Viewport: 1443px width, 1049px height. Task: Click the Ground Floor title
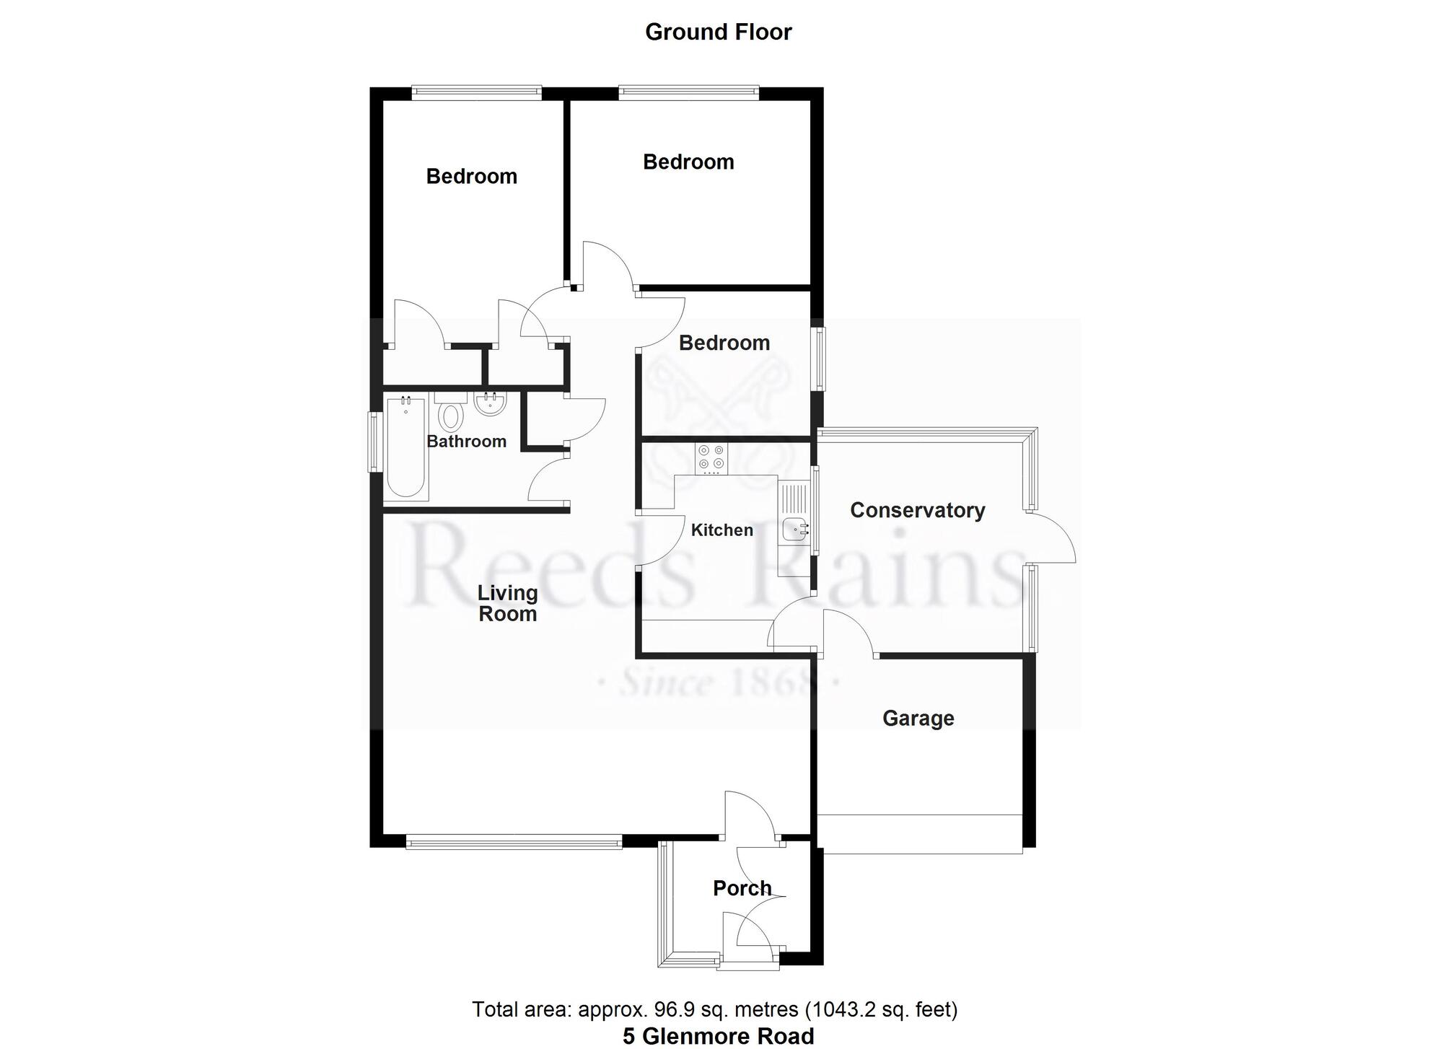coord(718,32)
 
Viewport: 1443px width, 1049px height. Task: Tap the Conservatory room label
coord(917,510)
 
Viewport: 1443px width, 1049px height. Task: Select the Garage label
coord(918,718)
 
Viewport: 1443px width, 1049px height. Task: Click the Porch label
coord(742,888)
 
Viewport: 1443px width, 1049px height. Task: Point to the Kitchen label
coord(721,530)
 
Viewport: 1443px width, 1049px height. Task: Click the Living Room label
coord(507,603)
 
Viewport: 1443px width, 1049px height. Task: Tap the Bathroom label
coord(466,442)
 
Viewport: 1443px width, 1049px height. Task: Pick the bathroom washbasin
coord(491,404)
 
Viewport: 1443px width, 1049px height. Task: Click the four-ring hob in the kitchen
coord(711,458)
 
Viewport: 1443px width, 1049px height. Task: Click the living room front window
coord(514,842)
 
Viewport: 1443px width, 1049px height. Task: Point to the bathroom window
coord(374,442)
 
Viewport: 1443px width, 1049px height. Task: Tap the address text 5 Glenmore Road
coord(718,1037)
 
